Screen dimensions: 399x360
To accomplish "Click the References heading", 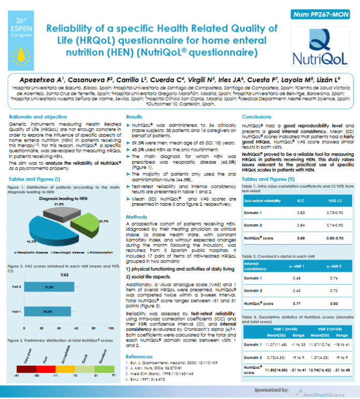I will click(x=142, y=357).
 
